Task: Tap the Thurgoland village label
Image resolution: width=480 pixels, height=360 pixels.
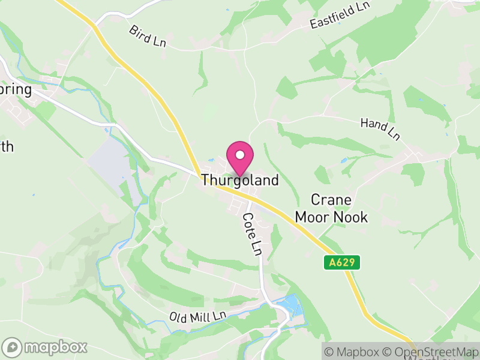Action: (x=240, y=180)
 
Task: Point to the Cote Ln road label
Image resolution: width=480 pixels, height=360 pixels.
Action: (x=253, y=233)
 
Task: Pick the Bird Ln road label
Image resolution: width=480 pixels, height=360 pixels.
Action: (x=146, y=37)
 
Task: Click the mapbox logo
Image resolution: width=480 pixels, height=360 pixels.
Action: (x=46, y=347)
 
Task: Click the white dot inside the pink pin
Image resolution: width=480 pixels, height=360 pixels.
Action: (x=240, y=155)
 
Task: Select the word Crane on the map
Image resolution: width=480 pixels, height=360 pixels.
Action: (x=331, y=200)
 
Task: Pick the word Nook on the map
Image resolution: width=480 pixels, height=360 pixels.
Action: (x=352, y=217)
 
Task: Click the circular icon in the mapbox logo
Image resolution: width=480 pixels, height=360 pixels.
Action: (x=13, y=347)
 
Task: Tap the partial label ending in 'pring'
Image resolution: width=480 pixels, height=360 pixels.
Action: (x=15, y=90)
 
